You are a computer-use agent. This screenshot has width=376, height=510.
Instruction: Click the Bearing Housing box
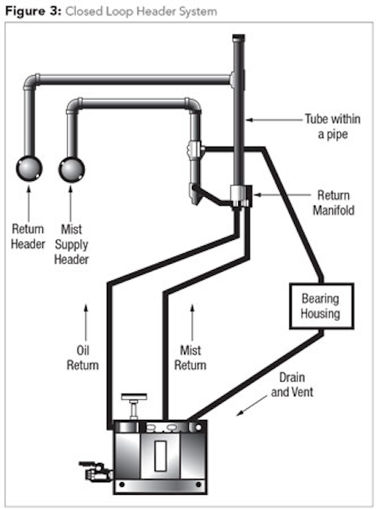tap(321, 306)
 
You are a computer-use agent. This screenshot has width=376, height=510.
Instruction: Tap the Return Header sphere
tap(29, 168)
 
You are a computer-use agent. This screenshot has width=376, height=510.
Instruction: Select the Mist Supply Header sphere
tap(72, 169)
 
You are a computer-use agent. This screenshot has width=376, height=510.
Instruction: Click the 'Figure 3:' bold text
tap(33, 11)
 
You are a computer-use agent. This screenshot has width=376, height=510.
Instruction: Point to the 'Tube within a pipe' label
tap(332, 127)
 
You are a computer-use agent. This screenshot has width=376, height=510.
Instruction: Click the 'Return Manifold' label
tap(334, 202)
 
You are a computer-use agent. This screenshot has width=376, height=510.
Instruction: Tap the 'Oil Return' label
tap(83, 358)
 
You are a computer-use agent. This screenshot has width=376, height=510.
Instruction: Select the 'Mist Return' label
tap(190, 358)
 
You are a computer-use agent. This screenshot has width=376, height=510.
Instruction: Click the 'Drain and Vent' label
tap(292, 385)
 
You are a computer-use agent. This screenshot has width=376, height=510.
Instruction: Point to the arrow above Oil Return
tap(86, 323)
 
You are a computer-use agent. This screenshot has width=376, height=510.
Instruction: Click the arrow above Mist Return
tap(192, 323)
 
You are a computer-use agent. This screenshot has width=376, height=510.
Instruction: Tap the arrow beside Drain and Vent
tap(252, 406)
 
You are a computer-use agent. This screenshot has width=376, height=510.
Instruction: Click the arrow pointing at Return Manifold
tap(282, 194)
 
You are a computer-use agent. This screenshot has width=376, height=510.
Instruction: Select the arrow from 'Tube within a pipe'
tap(273, 120)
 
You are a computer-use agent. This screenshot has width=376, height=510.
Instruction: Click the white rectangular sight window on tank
tap(160, 455)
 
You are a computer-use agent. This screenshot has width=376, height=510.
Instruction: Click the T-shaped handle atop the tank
tap(134, 406)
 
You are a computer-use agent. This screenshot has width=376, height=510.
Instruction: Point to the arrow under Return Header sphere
tap(29, 204)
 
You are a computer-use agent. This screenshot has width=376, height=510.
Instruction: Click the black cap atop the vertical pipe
tap(239, 37)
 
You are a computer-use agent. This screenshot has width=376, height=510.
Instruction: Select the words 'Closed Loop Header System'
tap(141, 11)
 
